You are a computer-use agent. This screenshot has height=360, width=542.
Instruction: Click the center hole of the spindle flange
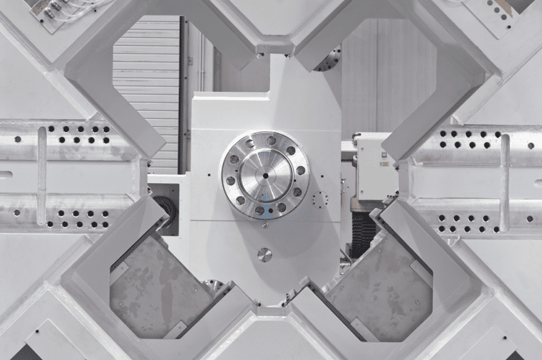tap(265, 174)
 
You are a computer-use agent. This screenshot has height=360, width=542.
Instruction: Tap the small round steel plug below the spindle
tap(265, 255)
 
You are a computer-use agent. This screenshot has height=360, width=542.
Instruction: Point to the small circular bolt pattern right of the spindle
tap(320, 199)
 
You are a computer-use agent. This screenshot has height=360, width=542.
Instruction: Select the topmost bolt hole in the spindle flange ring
tap(270, 141)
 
